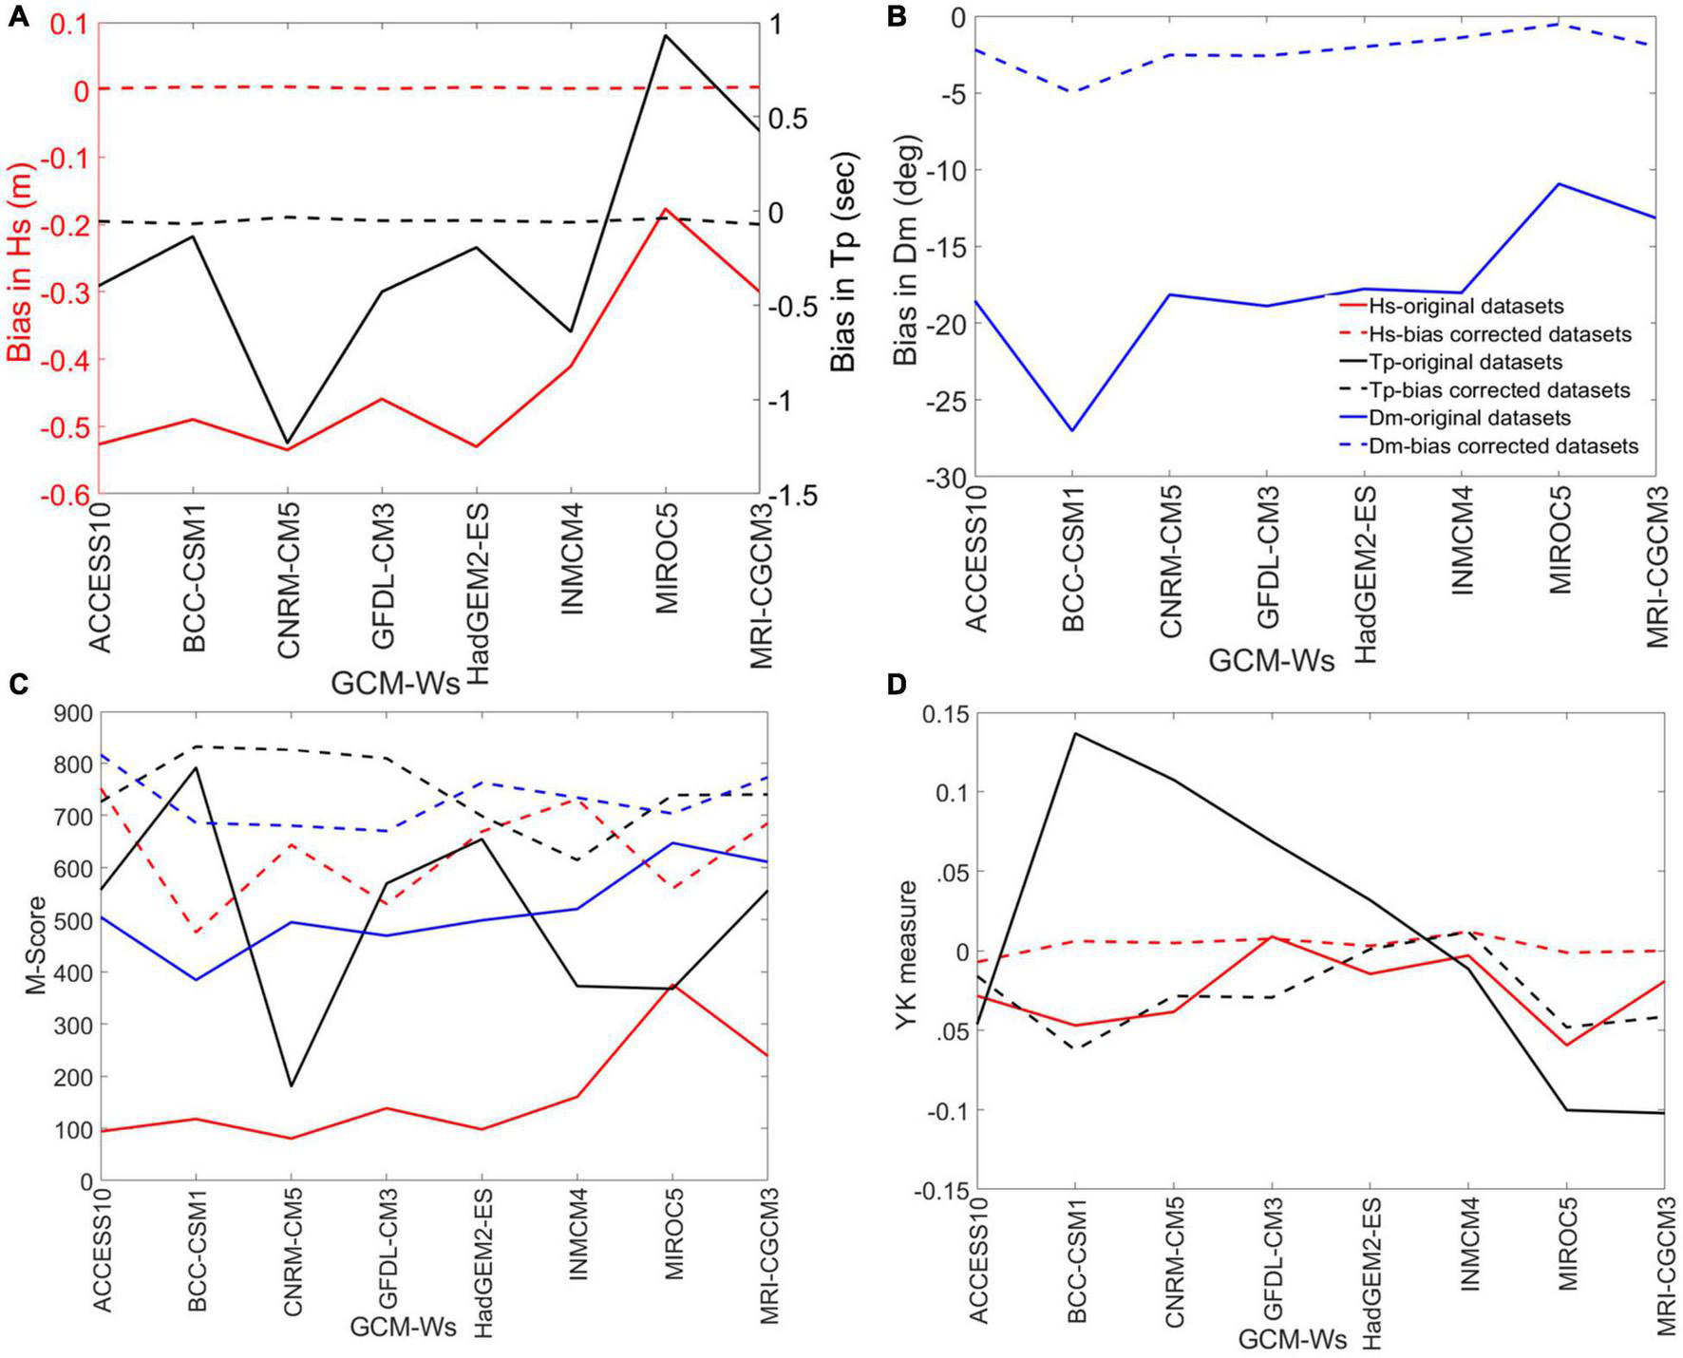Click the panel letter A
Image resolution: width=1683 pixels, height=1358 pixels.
pos(19,16)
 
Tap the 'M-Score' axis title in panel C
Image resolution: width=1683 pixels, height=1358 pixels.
pos(36,948)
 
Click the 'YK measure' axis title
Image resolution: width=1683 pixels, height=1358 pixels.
pos(909,949)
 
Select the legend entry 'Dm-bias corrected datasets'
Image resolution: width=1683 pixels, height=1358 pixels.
pos(1503,445)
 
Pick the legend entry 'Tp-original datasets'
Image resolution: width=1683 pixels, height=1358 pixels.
pos(1465,362)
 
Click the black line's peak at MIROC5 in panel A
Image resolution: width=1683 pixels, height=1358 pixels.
pos(665,35)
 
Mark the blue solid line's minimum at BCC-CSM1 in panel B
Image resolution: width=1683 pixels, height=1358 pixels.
pos(1072,430)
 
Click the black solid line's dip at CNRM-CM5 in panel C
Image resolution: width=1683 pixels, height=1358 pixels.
pos(291,1085)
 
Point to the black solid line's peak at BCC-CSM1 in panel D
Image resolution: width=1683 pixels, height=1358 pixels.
pos(1074,733)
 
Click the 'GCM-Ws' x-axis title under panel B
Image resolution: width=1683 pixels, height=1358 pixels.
pos(1271,661)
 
